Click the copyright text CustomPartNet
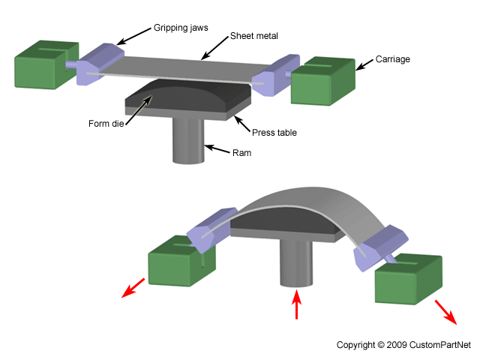click(x=403, y=345)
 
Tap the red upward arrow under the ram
click(x=298, y=304)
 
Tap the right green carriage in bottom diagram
click(x=409, y=280)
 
